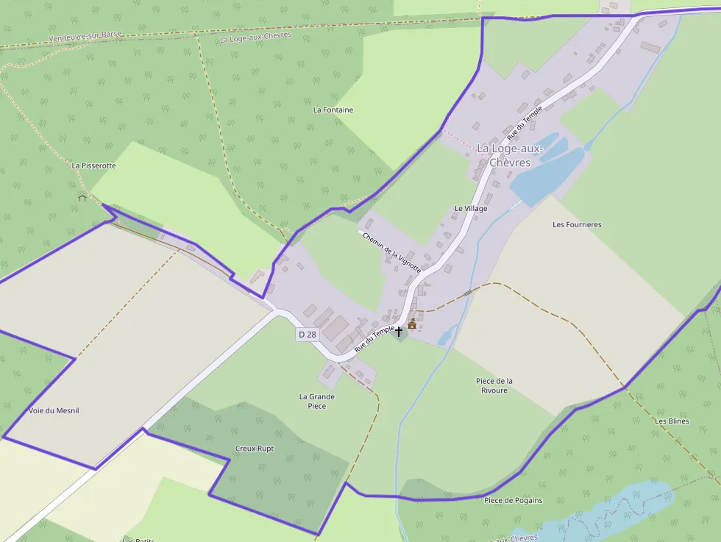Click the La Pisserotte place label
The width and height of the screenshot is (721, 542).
(x=93, y=166)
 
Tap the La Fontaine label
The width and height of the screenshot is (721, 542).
(x=333, y=110)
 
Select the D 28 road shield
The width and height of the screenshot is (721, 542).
(x=307, y=335)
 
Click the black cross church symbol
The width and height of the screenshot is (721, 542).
(x=399, y=332)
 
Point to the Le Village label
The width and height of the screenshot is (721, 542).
(x=471, y=209)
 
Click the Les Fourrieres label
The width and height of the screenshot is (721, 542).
(x=577, y=225)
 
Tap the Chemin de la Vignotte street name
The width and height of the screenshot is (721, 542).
(x=391, y=252)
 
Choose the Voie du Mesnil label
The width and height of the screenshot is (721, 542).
(x=54, y=410)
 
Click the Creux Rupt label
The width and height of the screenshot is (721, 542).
(x=255, y=449)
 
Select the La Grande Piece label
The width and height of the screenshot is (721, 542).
(x=317, y=402)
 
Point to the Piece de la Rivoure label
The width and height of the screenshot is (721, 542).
(x=494, y=385)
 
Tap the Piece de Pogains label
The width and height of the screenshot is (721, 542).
(x=513, y=501)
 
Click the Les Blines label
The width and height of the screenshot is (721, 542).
(x=672, y=421)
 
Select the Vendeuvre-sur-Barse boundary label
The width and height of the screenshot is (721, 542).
(x=85, y=36)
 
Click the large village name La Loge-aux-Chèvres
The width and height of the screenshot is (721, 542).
(x=509, y=155)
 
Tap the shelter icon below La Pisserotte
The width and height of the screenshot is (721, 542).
(x=82, y=197)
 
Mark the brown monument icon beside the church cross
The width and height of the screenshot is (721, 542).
(x=412, y=324)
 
